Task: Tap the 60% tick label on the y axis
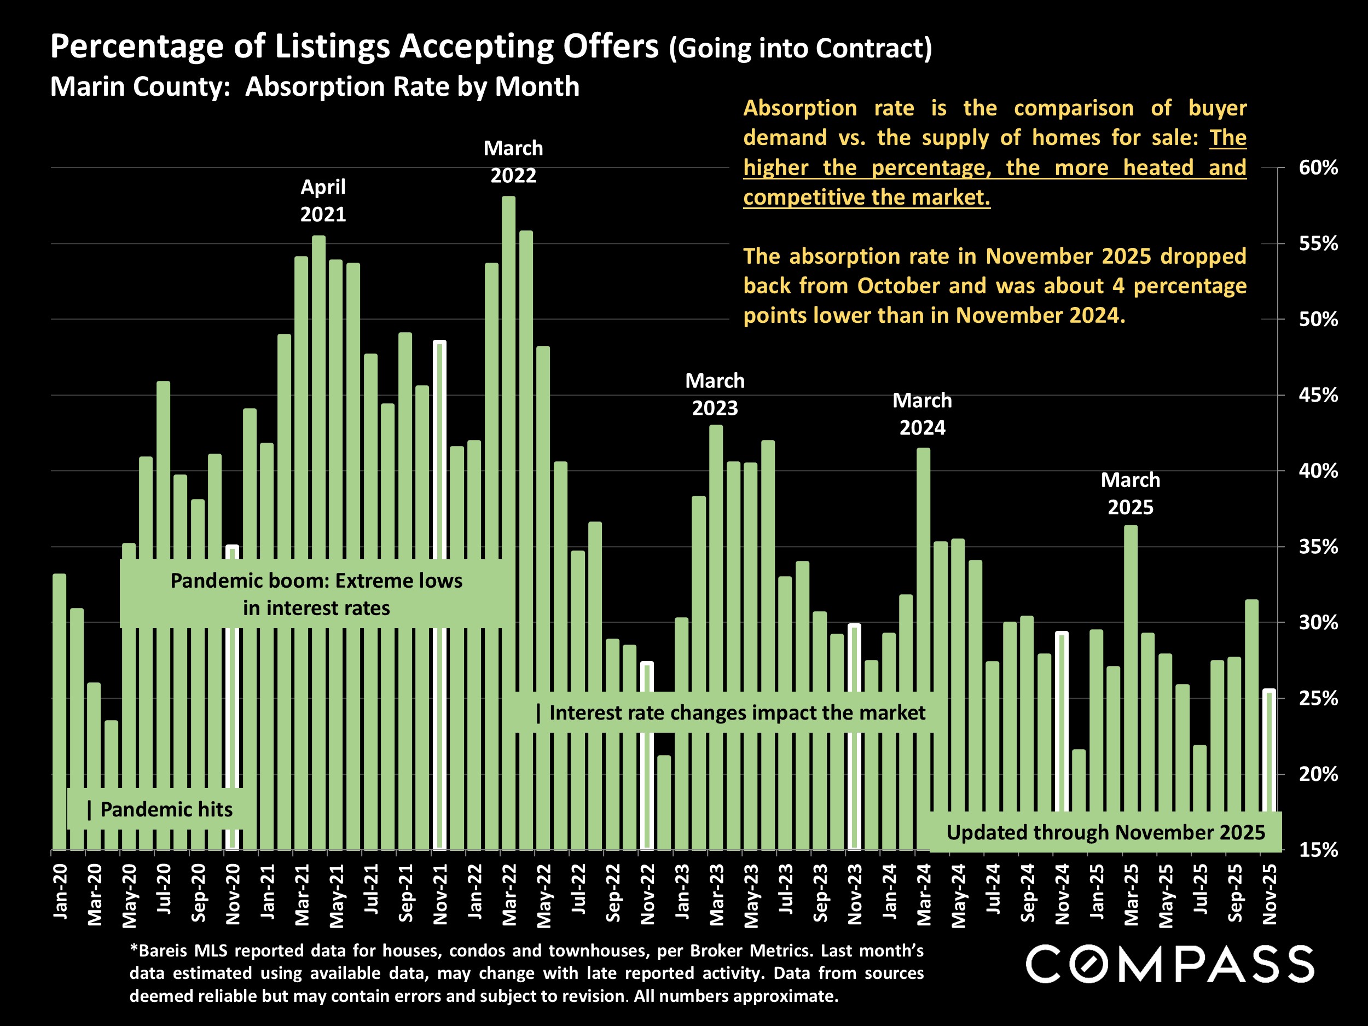[1318, 167]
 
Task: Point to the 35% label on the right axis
[1318, 547]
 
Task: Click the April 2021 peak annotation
[323, 200]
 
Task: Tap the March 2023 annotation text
[715, 394]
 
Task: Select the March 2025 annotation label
[1131, 494]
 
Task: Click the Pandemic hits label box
[160, 809]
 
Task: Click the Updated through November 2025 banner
[1105, 832]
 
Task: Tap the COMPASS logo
[1170, 964]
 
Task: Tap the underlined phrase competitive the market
[866, 198]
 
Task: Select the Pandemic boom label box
[316, 594]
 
